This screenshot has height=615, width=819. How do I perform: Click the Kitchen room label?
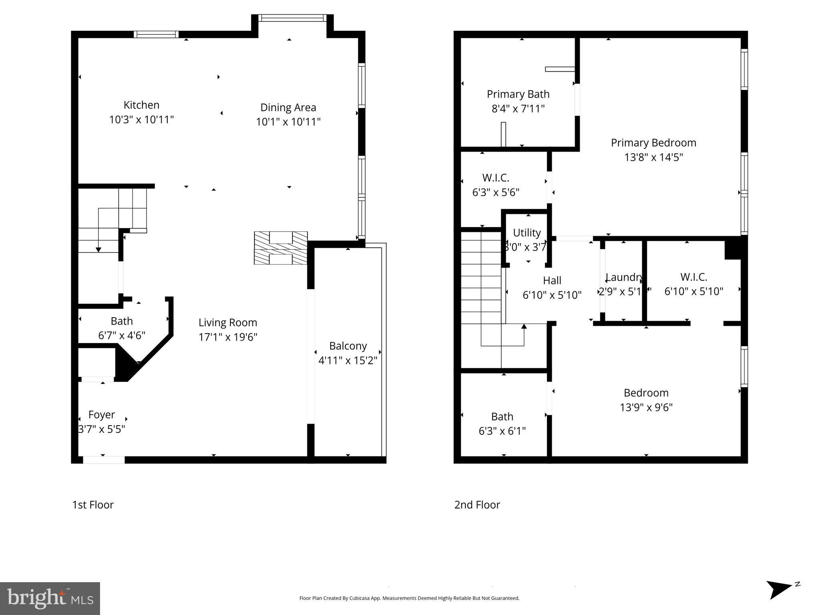pyautogui.click(x=141, y=105)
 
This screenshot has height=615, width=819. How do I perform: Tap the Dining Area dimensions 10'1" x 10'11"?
pyautogui.click(x=288, y=122)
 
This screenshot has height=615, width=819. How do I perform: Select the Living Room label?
pyautogui.click(x=228, y=323)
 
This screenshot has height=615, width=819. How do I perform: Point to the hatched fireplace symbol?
pyautogui.click(x=281, y=248)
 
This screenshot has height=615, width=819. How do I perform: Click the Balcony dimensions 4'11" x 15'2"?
pyautogui.click(x=348, y=361)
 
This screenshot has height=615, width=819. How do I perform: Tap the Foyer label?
pyautogui.click(x=102, y=415)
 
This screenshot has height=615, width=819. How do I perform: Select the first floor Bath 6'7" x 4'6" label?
pyautogui.click(x=122, y=322)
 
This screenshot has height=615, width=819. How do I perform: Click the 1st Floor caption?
pyautogui.click(x=93, y=505)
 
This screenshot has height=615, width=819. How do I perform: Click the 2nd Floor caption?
pyautogui.click(x=477, y=505)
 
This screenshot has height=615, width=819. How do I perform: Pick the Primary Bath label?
pyautogui.click(x=518, y=94)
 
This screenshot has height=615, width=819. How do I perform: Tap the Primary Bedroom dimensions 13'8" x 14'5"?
pyautogui.click(x=653, y=157)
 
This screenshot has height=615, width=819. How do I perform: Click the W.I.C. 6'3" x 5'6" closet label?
pyautogui.click(x=496, y=178)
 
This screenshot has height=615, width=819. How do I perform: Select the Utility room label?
pyautogui.click(x=527, y=233)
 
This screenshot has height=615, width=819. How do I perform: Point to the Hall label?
pyautogui.click(x=552, y=281)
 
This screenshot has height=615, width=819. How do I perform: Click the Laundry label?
pyautogui.click(x=624, y=277)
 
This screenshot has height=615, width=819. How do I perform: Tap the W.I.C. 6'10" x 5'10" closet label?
pyautogui.click(x=694, y=277)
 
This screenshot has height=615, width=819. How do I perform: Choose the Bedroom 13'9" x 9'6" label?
pyautogui.click(x=646, y=393)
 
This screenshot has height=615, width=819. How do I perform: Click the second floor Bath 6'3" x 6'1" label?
pyautogui.click(x=502, y=417)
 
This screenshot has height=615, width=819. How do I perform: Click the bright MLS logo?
pyautogui.click(x=50, y=598)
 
